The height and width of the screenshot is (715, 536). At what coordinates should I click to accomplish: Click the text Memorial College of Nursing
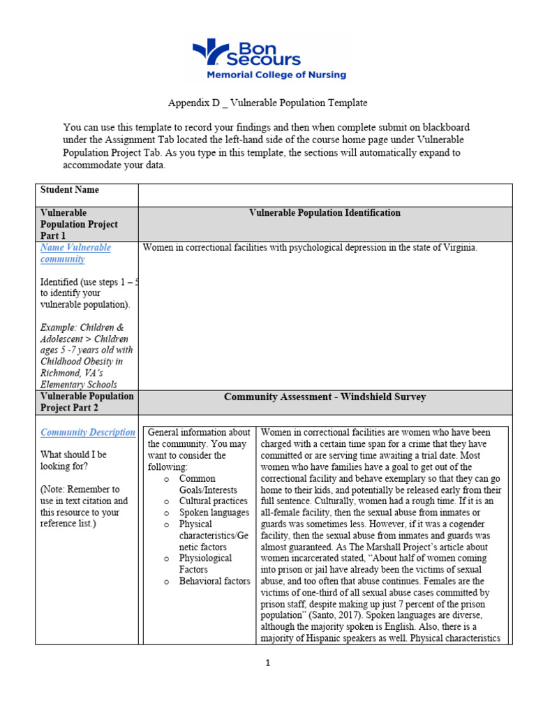coord(275,75)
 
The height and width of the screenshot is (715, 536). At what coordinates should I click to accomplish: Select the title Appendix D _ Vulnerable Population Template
coord(267,103)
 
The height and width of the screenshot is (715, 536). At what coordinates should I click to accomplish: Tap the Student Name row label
coord(70,190)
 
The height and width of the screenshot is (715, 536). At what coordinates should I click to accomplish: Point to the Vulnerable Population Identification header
coord(325,213)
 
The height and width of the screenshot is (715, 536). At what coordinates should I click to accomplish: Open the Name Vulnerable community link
coord(75,253)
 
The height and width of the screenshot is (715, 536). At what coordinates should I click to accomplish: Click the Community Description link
coord(87,432)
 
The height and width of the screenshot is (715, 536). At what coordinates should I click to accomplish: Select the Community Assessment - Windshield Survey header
coord(325,397)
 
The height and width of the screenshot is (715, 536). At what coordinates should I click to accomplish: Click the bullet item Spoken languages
coord(214,513)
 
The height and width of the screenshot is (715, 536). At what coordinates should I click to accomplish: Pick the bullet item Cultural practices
coord(213,501)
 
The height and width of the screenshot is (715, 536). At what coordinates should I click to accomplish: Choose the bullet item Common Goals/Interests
coord(207,484)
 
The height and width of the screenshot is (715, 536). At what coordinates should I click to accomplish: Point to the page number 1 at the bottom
coord(267,663)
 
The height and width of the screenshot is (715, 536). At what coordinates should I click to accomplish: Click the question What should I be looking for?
coord(73,460)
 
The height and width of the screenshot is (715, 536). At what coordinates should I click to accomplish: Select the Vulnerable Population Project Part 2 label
coord(87,401)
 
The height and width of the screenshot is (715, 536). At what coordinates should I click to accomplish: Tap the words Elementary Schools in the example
coord(79,384)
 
